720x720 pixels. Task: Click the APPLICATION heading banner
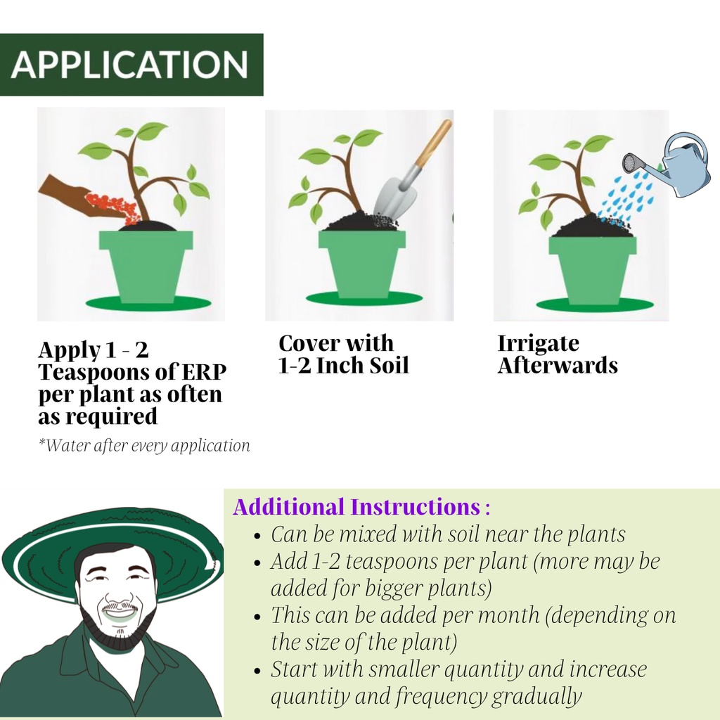(131, 65)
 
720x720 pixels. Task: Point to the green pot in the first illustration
(146, 266)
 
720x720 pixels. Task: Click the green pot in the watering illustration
(593, 269)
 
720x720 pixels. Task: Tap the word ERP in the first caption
(205, 372)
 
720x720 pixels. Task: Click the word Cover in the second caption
(309, 343)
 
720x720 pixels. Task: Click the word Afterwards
(558, 366)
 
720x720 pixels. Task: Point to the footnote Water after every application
(144, 445)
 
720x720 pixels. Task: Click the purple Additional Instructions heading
(361, 507)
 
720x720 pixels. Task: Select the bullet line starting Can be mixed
(448, 534)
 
